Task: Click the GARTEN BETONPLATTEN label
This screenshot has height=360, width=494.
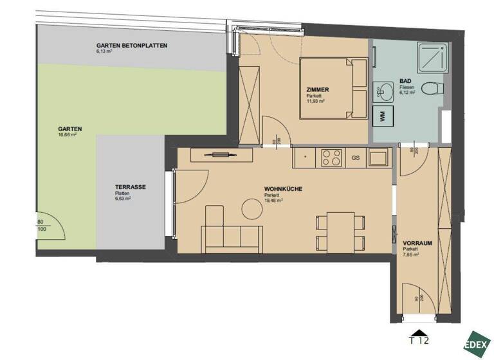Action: (132, 46)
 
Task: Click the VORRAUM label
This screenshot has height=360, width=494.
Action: (416, 243)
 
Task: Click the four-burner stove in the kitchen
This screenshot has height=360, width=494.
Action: (332, 157)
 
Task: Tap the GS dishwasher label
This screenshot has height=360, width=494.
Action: (355, 157)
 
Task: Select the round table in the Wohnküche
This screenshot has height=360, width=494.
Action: (250, 208)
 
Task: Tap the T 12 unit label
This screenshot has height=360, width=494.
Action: (420, 340)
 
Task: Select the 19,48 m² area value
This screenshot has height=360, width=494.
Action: (275, 200)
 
